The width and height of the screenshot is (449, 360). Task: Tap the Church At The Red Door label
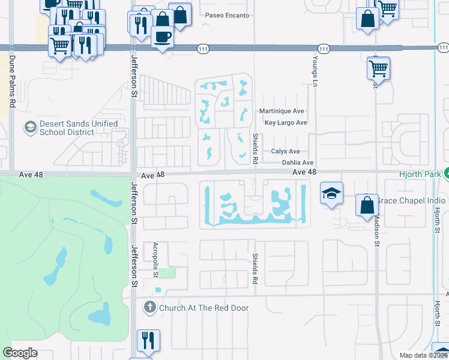click(x=203, y=308)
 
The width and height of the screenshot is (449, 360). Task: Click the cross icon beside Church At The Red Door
click(x=150, y=308)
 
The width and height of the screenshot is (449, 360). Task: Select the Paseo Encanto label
click(x=226, y=15)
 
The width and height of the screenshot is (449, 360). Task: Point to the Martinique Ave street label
click(x=282, y=111)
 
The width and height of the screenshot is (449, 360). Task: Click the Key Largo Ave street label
click(x=286, y=122)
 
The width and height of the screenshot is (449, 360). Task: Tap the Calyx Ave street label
click(x=285, y=152)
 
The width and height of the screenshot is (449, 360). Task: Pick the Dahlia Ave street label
click(x=297, y=163)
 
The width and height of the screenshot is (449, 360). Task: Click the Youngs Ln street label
click(x=314, y=70)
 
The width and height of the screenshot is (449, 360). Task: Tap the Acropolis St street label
click(x=155, y=259)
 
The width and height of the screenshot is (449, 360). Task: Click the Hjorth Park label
click(x=420, y=174)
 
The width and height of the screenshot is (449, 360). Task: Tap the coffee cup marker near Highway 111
click(x=162, y=38)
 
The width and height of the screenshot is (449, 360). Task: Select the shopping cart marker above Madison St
click(x=378, y=68)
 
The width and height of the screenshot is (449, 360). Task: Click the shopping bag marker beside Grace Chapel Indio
click(x=366, y=206)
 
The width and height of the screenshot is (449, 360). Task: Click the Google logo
click(x=20, y=353)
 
